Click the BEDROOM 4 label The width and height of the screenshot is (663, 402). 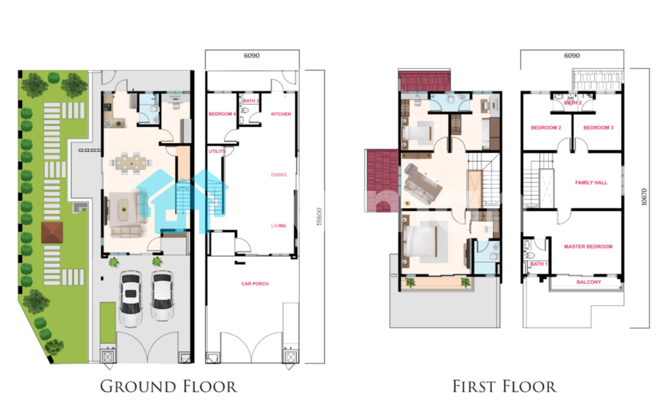pos(222,114)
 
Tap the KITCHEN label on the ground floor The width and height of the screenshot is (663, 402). pos(281,114)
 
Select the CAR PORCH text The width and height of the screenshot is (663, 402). pos(255,283)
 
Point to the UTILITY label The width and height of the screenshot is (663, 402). pos(217,151)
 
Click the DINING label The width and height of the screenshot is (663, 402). pos(279,175)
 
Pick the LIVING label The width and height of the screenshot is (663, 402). pos(278,226)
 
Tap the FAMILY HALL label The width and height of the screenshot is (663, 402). pos(591,183)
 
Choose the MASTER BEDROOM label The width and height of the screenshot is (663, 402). pos(588,246)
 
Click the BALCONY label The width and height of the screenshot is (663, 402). pos(589,282)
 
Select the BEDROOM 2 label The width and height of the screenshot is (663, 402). pos(546,127)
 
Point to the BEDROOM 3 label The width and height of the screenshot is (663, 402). pos(599,127)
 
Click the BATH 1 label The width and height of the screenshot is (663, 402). pos(539,264)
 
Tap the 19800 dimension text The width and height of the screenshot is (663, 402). pos(319,216)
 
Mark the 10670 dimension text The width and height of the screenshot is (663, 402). pos(644,197)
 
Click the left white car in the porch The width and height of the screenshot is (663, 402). pos(131,299)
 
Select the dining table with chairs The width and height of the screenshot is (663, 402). pos(131,162)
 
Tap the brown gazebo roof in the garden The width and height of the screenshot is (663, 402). pos(52,233)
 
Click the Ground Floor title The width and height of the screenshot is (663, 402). pos(168,386)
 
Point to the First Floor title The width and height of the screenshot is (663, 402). pos(504,386)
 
